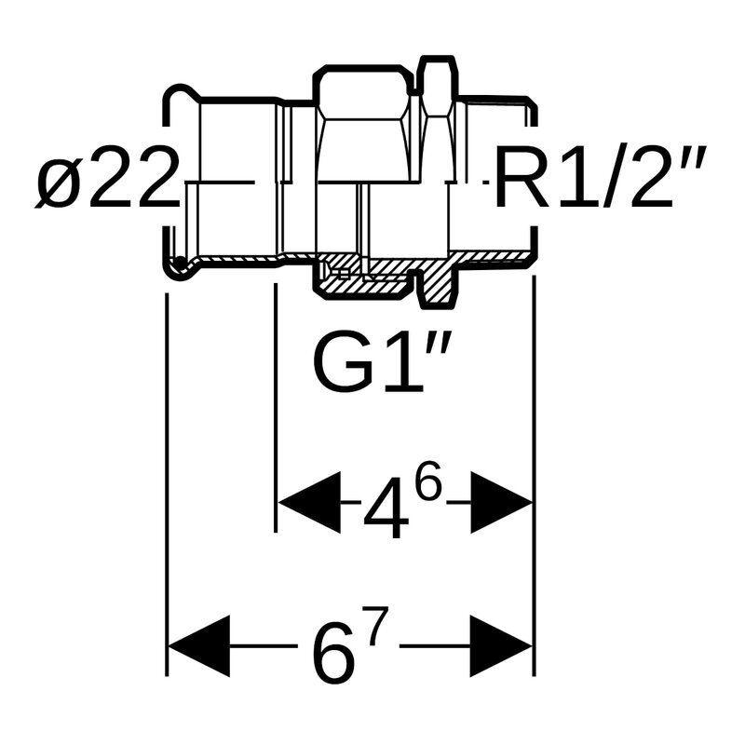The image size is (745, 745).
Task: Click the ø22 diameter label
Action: pos(107,181)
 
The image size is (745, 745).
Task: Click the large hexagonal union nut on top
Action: pos(364,121)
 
